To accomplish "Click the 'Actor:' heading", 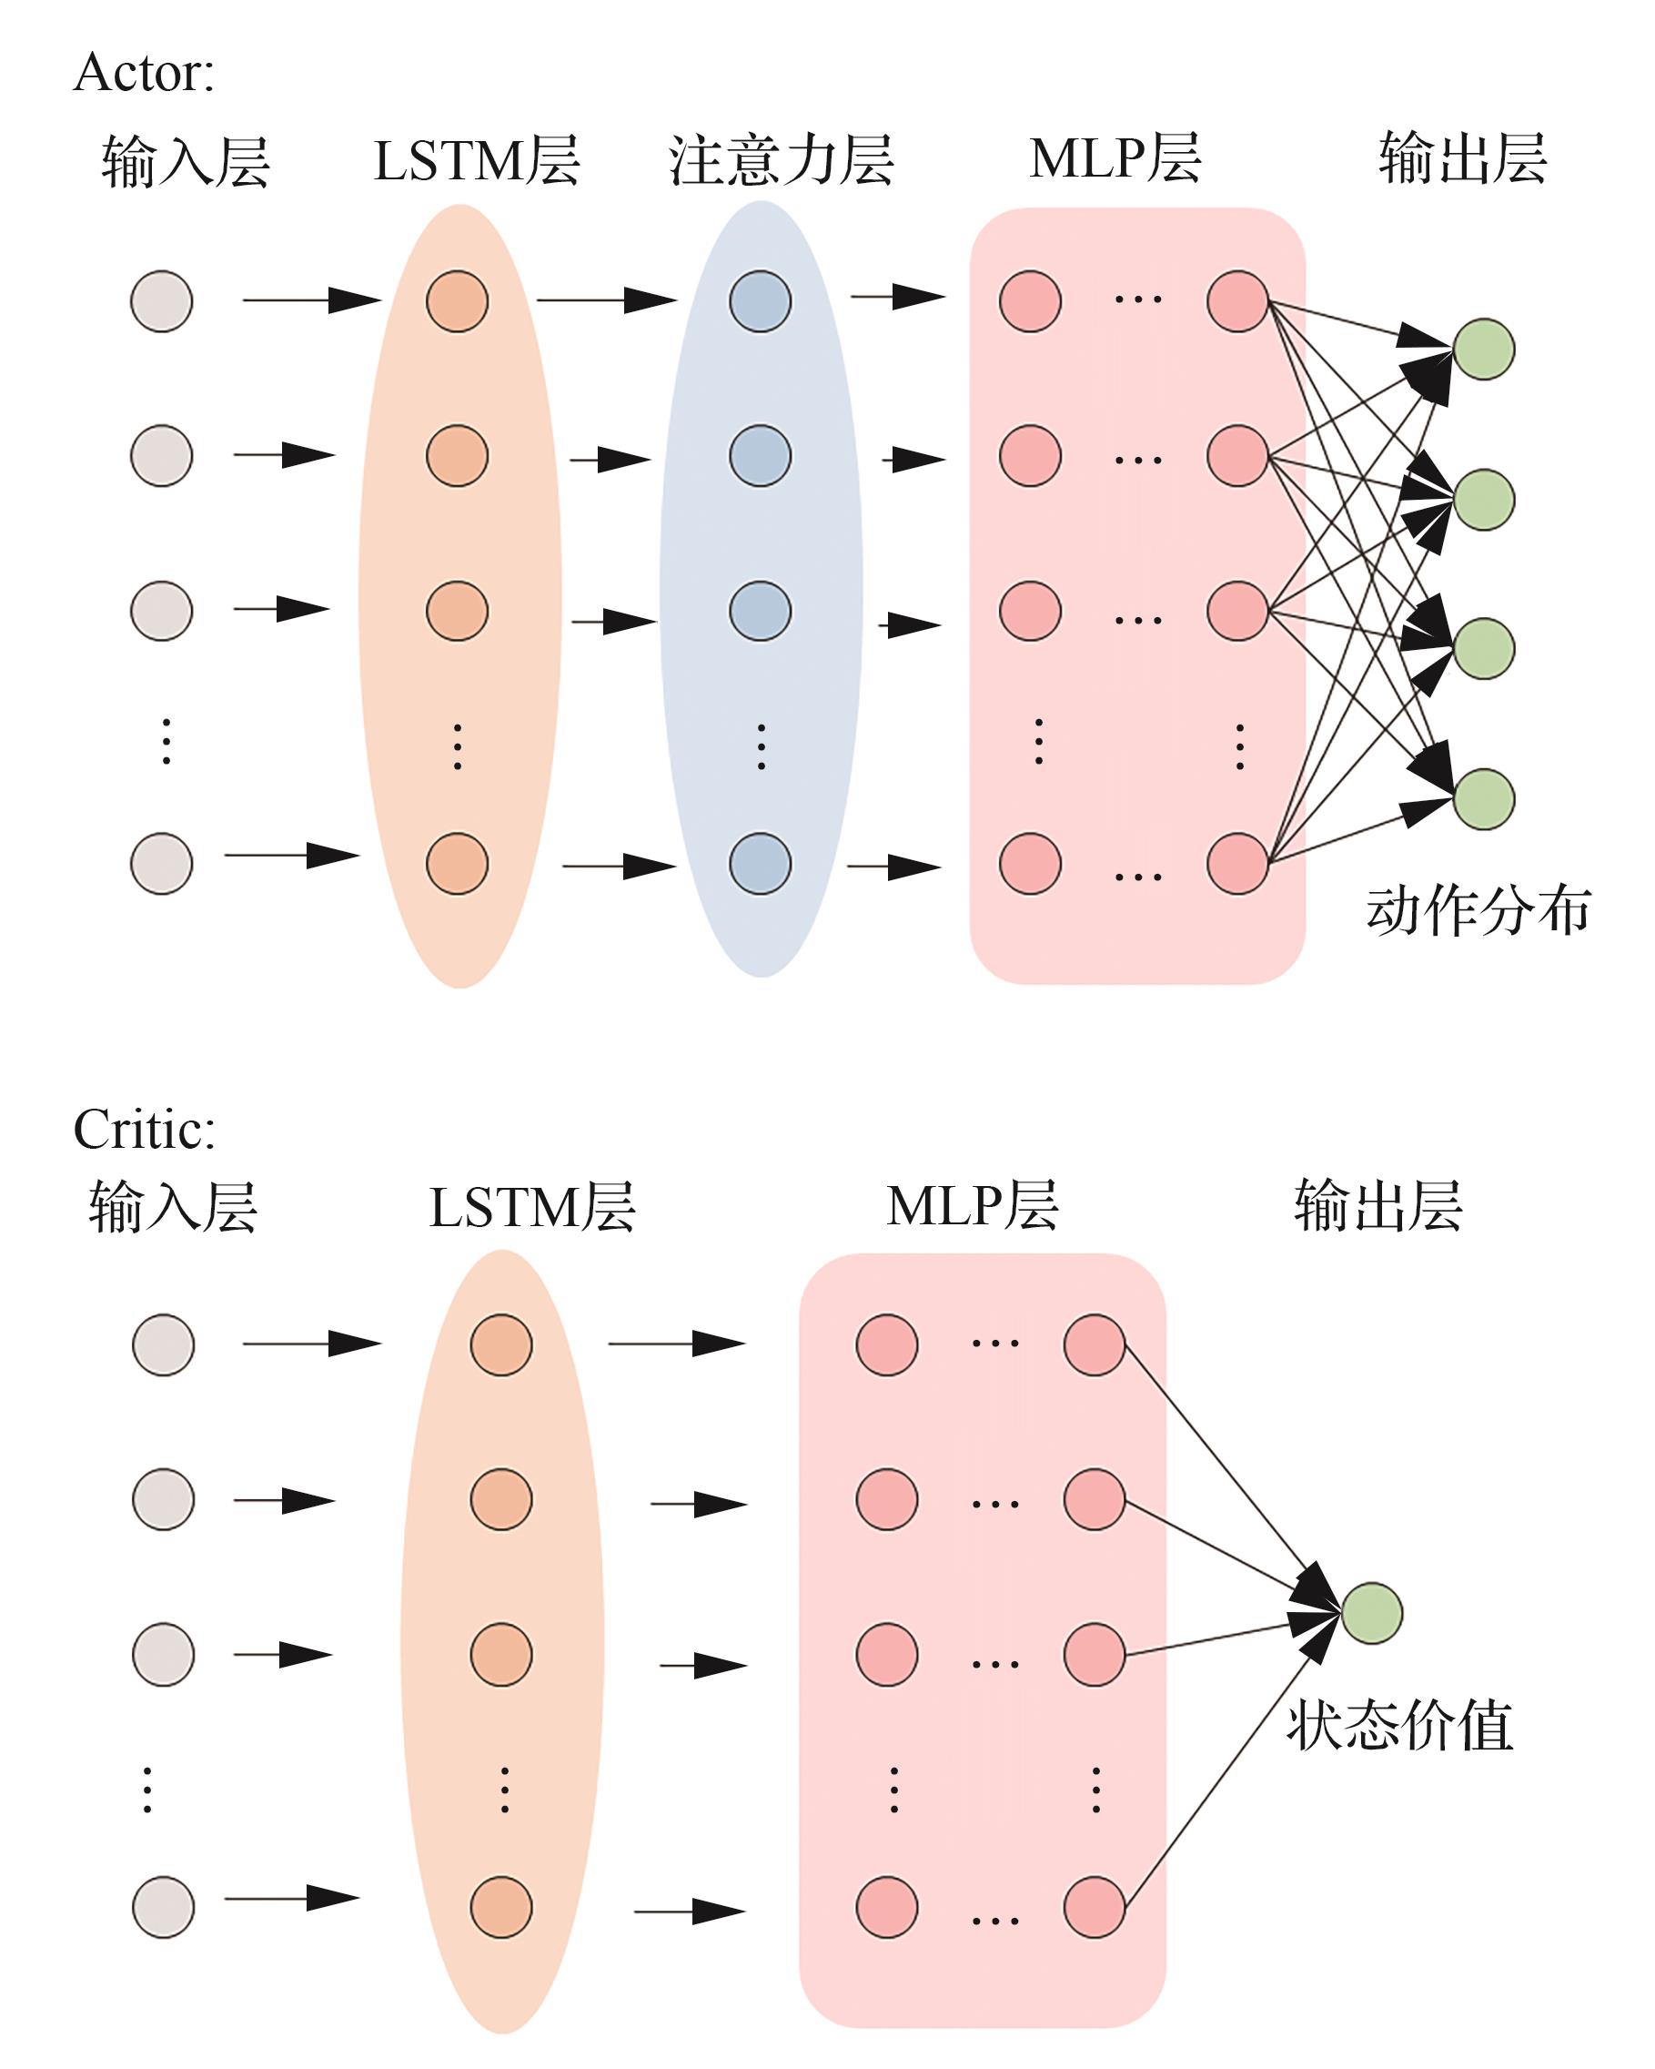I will pos(144,73).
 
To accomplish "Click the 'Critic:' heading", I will pos(144,1130).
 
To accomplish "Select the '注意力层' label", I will pos(781,159).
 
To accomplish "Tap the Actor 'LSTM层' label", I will pos(477,159).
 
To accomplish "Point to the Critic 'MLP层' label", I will pos(972,1206).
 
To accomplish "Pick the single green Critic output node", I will pos(1372,1613).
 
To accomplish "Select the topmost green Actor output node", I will pos(1484,350).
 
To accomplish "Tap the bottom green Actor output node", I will pos(1484,798).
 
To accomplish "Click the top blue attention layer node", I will pos(760,301).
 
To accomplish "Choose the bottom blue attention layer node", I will pos(760,864).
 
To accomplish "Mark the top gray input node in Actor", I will pos(161,301).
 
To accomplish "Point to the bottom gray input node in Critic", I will pos(163,1908).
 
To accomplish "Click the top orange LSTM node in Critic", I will pos(500,1345).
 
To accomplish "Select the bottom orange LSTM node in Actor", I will pos(457,864).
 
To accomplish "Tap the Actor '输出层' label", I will pos(1463,158).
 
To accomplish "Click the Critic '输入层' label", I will pos(174,1206).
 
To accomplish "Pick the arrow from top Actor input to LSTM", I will pos(311,300).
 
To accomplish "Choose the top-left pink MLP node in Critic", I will pos(886,1345).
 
